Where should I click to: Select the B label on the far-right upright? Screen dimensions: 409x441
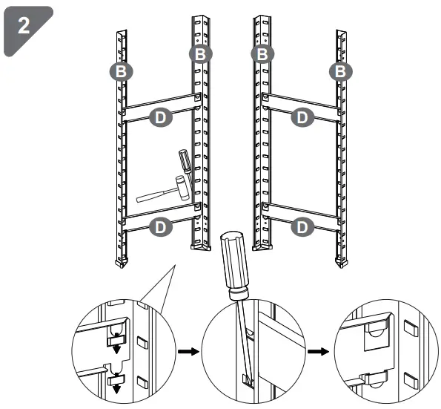click(340, 71)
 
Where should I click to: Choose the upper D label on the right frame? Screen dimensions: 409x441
click(301, 116)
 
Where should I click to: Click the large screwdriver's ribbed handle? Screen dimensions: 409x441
click(238, 263)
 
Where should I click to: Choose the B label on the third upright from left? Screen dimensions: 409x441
click(261, 53)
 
